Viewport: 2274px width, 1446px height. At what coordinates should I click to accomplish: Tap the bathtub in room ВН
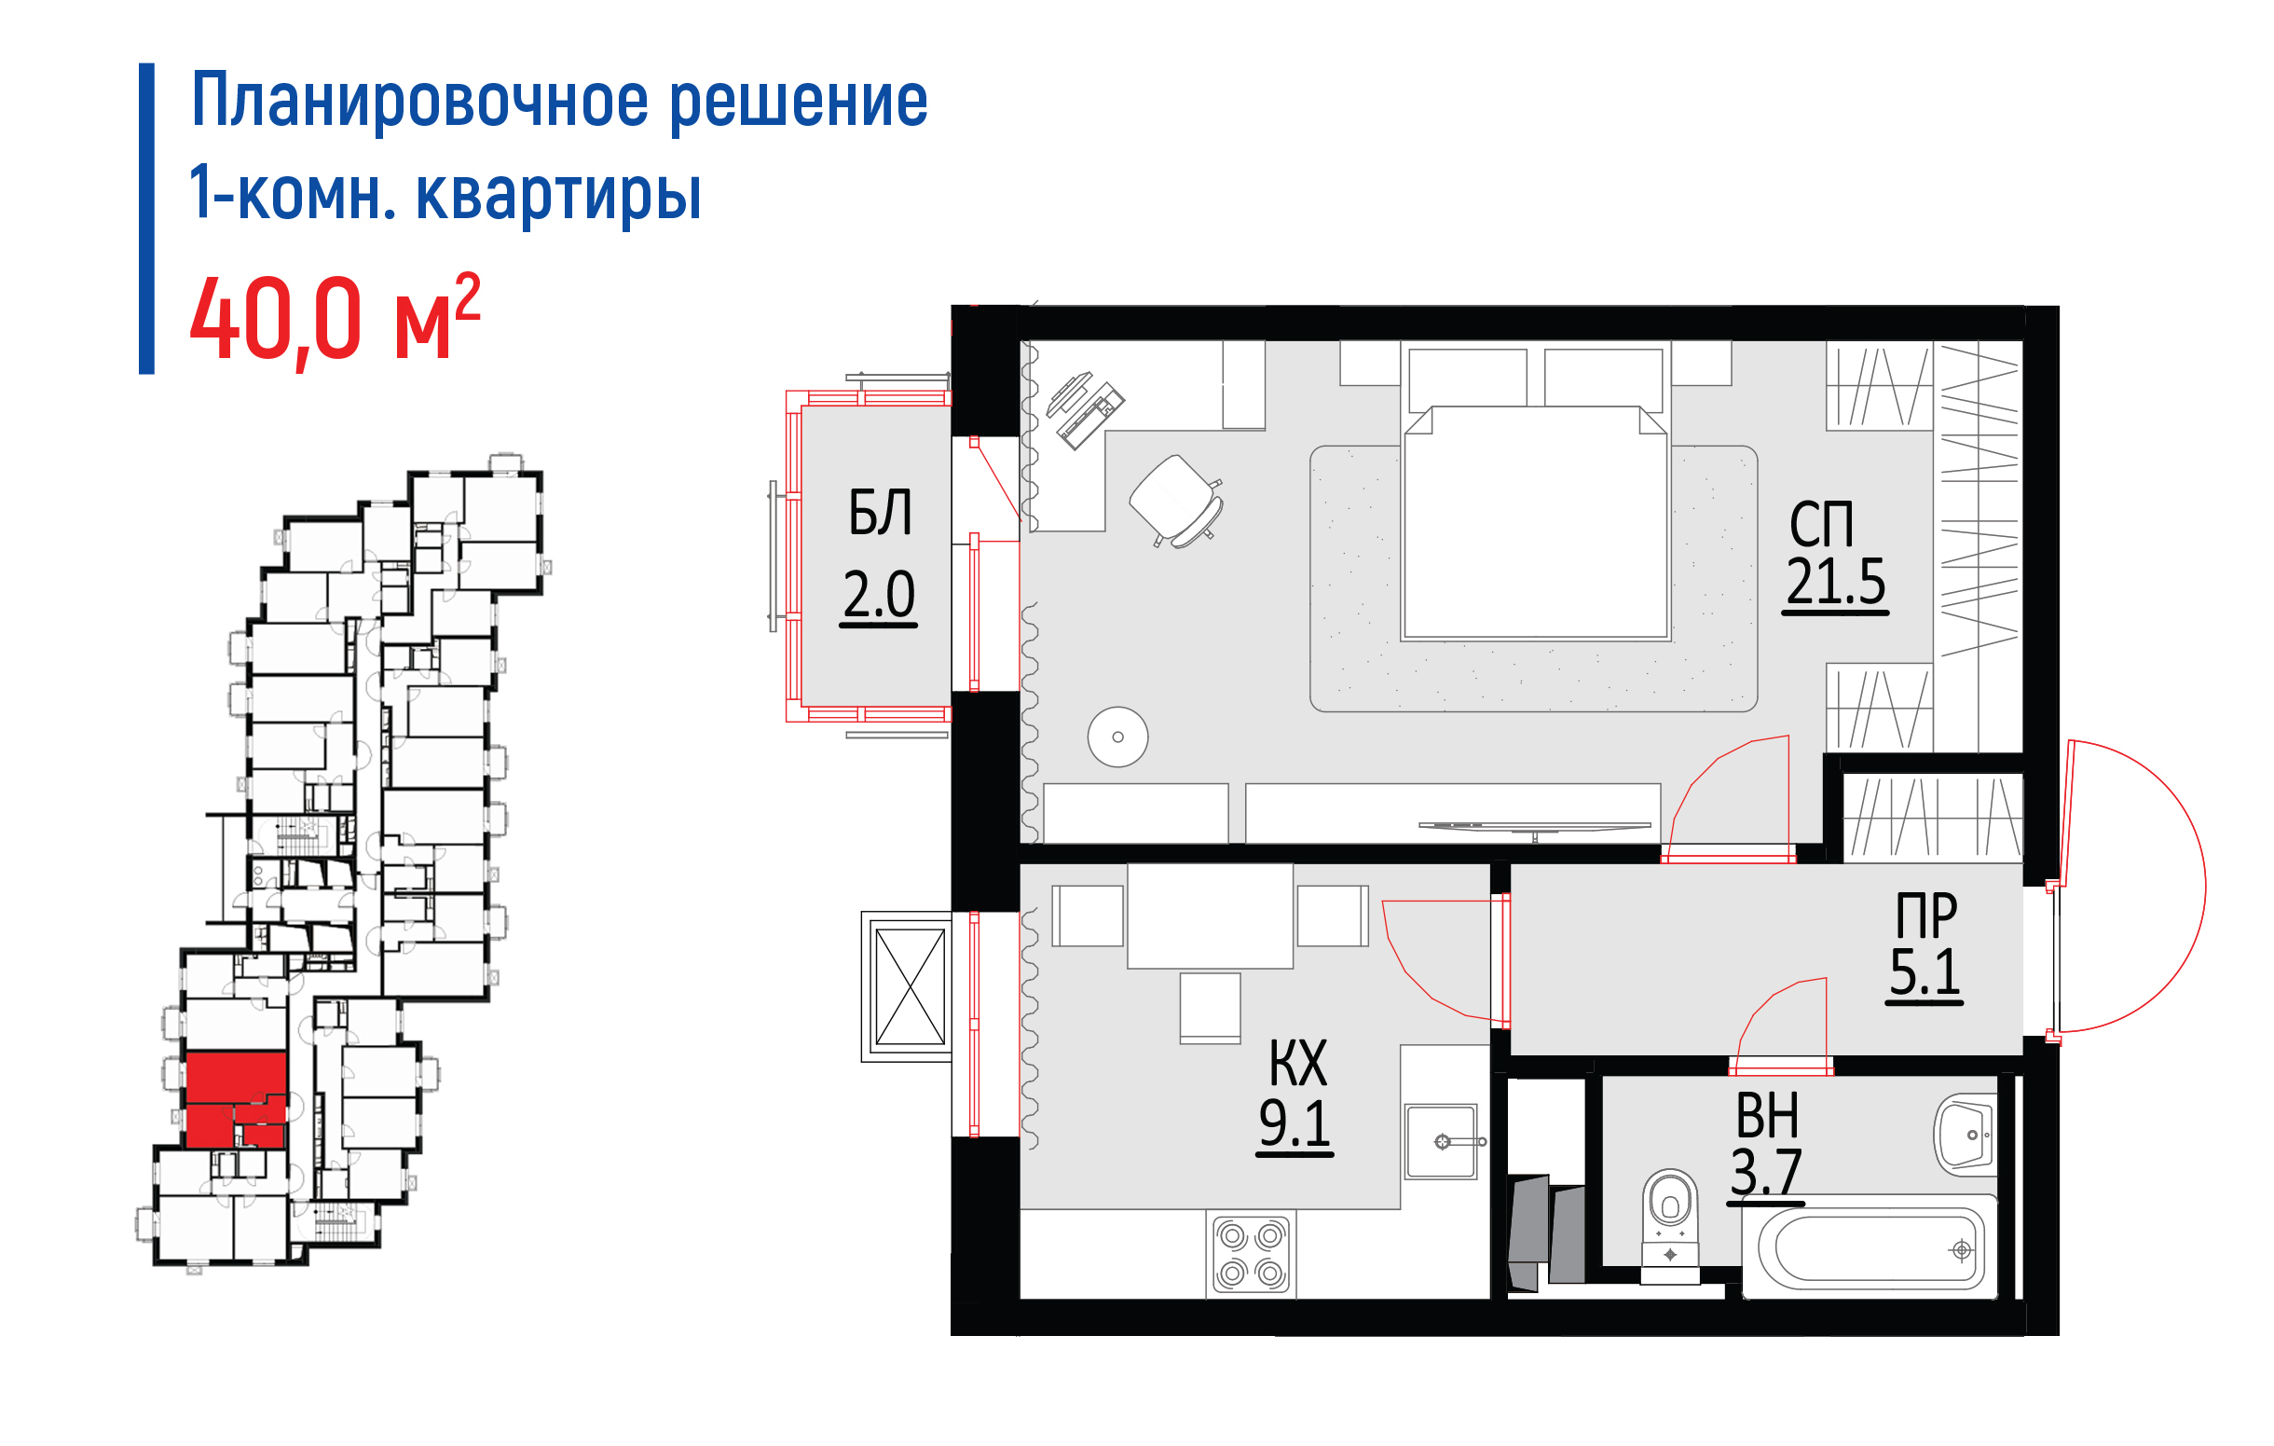coord(1870,1248)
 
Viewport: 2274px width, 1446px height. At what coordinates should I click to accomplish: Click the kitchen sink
coord(1441,1142)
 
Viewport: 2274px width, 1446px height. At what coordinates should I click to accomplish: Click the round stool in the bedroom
coord(1118,737)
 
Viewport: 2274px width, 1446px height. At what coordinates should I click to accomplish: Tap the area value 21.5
coord(1836,583)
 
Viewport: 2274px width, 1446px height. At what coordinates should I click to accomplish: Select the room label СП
coord(1822,524)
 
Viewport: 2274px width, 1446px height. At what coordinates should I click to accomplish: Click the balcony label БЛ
coord(879,513)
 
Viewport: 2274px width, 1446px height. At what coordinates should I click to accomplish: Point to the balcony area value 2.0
coord(879,595)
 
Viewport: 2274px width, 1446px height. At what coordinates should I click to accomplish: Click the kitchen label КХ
coord(1298,1063)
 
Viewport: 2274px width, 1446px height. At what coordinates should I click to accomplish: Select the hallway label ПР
coord(1926,915)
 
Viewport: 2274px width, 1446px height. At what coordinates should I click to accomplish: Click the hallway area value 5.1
coord(1925,973)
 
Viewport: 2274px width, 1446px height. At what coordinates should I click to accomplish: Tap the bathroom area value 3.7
coord(1766,1175)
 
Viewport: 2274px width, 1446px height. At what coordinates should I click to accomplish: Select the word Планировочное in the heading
coord(420,100)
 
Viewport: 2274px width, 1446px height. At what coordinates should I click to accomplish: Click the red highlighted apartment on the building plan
coord(236,1100)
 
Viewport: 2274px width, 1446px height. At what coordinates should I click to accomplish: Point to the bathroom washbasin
coord(1966,1135)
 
